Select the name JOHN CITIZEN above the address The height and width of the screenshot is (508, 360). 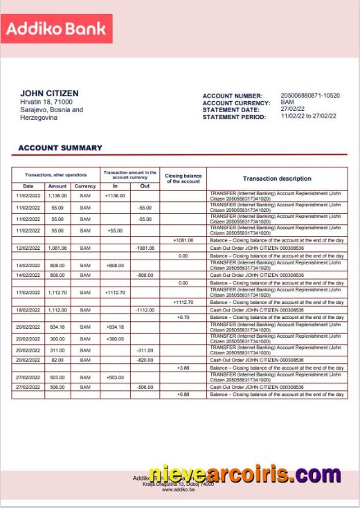49,93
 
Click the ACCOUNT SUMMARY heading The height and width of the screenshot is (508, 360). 60,147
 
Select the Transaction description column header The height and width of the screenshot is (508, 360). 277,179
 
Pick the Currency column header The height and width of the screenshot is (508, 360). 85,186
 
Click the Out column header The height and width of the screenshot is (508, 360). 145,186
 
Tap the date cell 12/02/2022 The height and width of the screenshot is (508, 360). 28,248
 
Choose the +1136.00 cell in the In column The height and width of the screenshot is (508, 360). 115,197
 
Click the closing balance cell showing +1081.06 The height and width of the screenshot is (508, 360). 183,240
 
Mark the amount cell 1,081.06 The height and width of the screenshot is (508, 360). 57,248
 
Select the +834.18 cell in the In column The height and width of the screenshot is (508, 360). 115,327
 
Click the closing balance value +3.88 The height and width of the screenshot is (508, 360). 183,368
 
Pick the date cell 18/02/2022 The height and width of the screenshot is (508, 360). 28,310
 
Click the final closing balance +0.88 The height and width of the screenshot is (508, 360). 183,394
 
